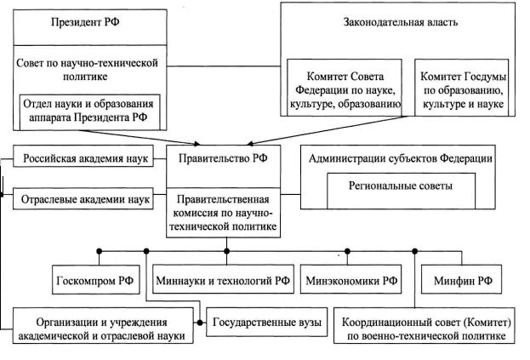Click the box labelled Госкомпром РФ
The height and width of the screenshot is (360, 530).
coord(93,280)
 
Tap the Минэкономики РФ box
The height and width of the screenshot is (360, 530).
coord(353,280)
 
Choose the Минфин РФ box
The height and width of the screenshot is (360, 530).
coord(460,280)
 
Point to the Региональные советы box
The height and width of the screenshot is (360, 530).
coord(401,186)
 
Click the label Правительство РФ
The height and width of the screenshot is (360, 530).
coord(225,159)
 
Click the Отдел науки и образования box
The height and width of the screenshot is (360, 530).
coord(91,110)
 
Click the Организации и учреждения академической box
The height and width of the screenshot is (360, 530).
coord(101,330)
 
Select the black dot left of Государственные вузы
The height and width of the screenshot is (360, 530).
coord(200,323)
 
